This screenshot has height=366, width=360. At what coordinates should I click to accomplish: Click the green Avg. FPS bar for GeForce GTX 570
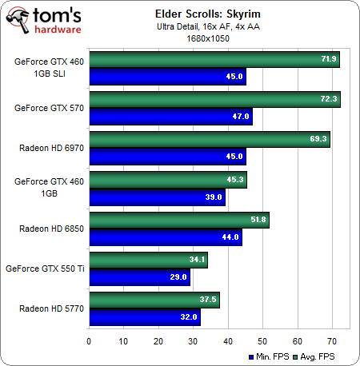click(x=214, y=100)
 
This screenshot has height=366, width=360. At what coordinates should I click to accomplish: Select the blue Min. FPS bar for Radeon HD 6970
click(x=166, y=156)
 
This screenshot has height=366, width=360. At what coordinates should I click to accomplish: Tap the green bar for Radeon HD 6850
click(x=178, y=220)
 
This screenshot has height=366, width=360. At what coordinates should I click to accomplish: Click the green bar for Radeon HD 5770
click(x=154, y=300)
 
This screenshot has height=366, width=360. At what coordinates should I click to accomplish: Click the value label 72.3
click(x=330, y=100)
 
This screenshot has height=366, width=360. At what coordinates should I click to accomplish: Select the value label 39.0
click(x=214, y=196)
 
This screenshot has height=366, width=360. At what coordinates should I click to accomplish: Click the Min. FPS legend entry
click(x=277, y=356)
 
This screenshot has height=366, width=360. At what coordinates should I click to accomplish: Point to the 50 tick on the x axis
click(x=262, y=341)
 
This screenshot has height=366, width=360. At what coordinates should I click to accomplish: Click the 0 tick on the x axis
click(x=89, y=341)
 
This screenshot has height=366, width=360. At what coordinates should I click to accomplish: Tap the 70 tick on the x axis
click(x=332, y=341)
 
